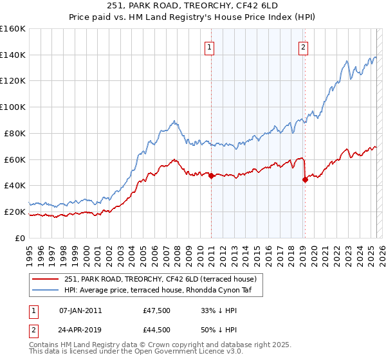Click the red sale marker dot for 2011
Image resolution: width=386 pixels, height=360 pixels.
click(x=211, y=175)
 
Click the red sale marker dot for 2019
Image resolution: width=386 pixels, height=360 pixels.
click(x=305, y=179)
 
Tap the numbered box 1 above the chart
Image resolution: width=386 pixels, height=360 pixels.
click(x=210, y=46)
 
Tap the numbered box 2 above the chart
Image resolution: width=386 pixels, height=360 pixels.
click(x=302, y=46)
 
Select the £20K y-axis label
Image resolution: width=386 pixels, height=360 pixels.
click(x=15, y=212)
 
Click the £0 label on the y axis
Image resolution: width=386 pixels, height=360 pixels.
click(x=19, y=238)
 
